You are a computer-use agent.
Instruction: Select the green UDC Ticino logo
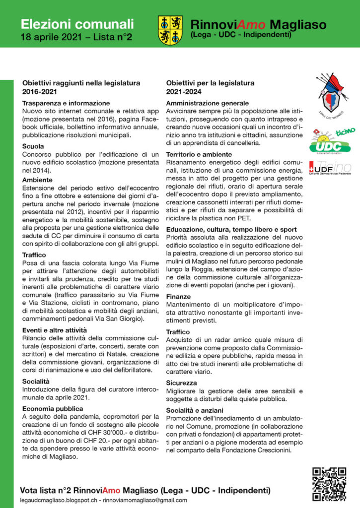(332, 140)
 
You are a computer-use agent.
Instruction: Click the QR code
(329, 484)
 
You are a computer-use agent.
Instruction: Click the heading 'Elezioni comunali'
(77, 23)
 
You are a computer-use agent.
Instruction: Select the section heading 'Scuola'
(33, 146)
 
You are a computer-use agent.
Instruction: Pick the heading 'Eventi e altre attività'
(55, 330)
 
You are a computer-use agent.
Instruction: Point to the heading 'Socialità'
(36, 381)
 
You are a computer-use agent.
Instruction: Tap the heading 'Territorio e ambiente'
(199, 154)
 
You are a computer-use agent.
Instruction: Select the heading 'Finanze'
(178, 296)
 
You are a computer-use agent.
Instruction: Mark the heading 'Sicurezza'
(182, 383)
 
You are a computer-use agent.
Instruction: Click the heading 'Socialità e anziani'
(195, 410)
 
